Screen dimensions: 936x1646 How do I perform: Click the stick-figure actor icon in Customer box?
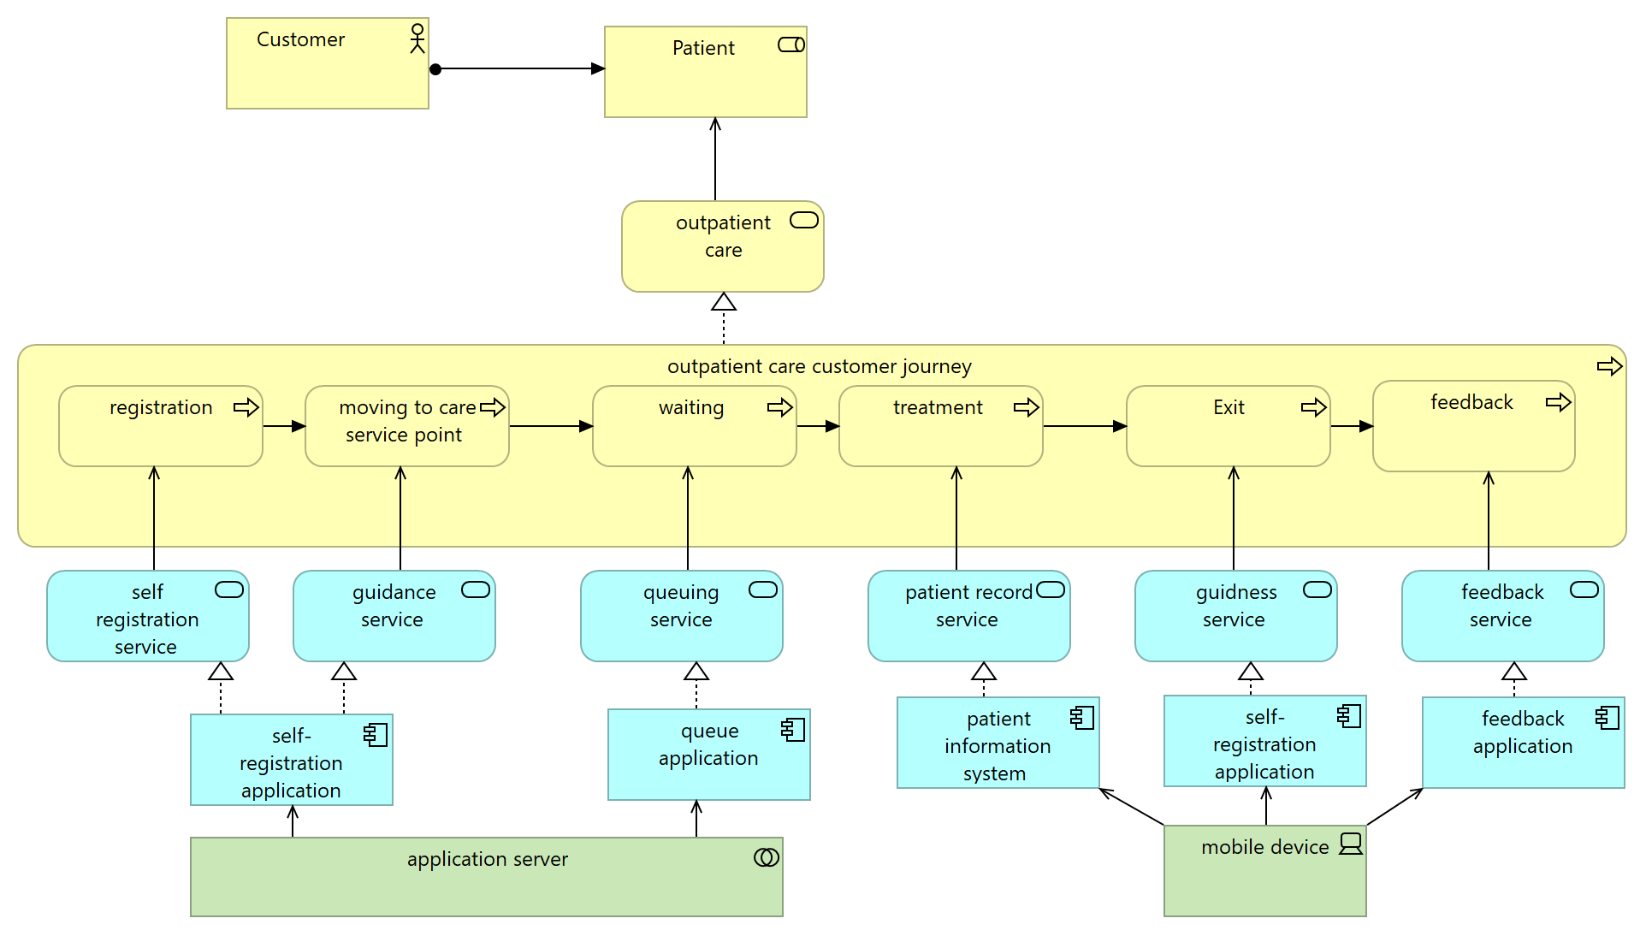pyautogui.click(x=417, y=39)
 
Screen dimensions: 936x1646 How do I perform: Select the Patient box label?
pyautogui.click(x=703, y=48)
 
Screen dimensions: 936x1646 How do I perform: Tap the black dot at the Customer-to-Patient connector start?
pyautogui.click(x=435, y=69)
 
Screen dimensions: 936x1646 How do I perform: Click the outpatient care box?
pyautogui.click(x=722, y=246)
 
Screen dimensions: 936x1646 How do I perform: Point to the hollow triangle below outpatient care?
pyautogui.click(x=724, y=302)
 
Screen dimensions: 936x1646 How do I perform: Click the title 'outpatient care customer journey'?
pyautogui.click(x=819, y=366)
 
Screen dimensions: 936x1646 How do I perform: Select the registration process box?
pyautogui.click(x=160, y=426)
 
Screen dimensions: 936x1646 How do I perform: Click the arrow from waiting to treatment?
pyautogui.click(x=818, y=426)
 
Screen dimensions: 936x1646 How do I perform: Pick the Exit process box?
pyautogui.click(x=1228, y=426)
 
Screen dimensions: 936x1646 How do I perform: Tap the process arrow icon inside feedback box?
pyautogui.click(x=1558, y=402)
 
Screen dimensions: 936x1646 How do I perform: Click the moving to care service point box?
pyautogui.click(x=406, y=426)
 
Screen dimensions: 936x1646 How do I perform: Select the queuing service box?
pyautogui.click(x=681, y=616)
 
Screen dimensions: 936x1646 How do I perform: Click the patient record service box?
pyautogui.click(x=968, y=616)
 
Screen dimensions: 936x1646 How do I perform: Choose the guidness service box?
pyautogui.click(x=1235, y=616)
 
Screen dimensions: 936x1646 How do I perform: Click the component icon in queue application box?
pyautogui.click(x=793, y=729)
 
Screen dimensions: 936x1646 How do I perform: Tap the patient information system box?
pyautogui.click(x=998, y=743)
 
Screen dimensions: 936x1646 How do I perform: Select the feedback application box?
pyautogui.click(x=1523, y=743)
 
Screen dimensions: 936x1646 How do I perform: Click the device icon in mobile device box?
pyautogui.click(x=1351, y=844)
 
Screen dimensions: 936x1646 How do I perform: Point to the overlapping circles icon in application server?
pyautogui.click(x=767, y=857)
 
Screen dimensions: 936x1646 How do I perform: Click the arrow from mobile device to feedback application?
pyautogui.click(x=1394, y=807)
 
